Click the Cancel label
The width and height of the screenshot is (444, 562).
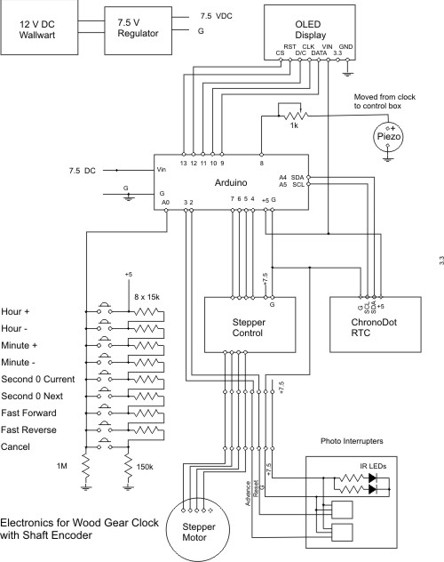coord(19,447)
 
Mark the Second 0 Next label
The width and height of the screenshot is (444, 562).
coord(37,397)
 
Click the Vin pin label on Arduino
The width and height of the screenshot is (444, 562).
coord(161,169)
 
